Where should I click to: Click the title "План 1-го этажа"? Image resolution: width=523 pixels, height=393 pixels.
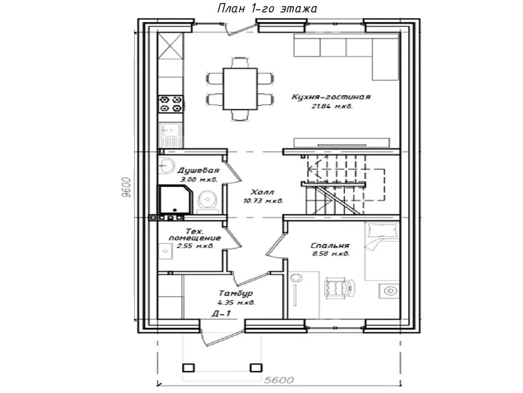[267, 9]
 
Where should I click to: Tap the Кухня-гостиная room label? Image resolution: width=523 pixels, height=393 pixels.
[331, 97]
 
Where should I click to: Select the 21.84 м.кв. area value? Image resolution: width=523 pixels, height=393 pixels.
[332, 106]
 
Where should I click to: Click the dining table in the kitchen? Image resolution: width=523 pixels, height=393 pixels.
[240, 89]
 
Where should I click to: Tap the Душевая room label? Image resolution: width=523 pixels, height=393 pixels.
[199, 170]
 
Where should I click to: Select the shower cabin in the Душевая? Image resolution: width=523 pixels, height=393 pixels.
[175, 199]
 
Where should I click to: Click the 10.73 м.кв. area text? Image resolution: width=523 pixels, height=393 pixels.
[263, 201]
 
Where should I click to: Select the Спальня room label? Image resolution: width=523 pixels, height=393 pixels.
[330, 246]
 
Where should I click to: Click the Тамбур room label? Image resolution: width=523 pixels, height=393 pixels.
[236, 293]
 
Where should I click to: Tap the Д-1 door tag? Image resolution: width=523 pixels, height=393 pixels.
[221, 314]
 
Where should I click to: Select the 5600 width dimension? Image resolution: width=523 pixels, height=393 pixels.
[279, 380]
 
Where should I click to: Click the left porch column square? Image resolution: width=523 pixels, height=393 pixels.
[188, 368]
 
